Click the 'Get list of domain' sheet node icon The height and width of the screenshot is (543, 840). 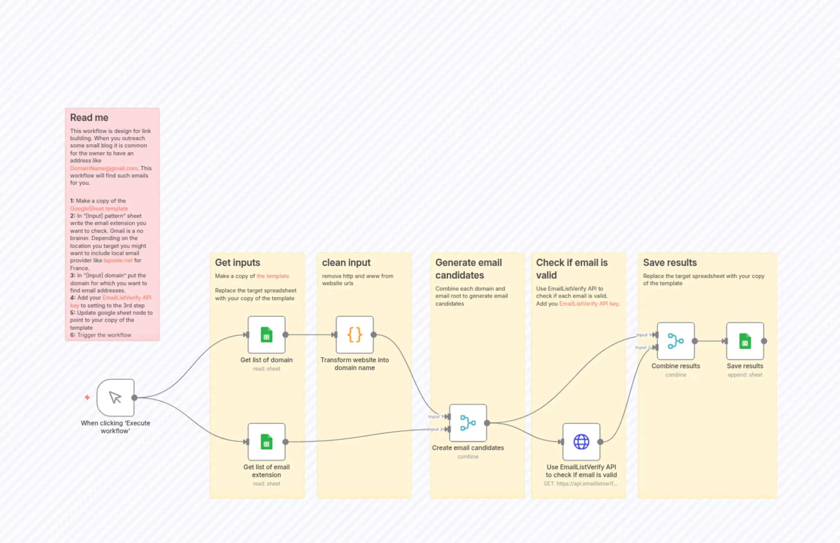[266, 335]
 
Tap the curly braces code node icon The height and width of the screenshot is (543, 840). [354, 335]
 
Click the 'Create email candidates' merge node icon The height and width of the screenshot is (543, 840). [468, 422]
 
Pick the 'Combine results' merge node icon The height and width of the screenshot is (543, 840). [676, 341]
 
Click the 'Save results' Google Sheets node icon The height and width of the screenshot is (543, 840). [745, 341]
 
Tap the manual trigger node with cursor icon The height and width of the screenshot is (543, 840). [115, 397]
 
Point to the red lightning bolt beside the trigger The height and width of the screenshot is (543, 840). [87, 397]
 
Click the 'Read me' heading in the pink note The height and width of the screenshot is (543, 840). [89, 117]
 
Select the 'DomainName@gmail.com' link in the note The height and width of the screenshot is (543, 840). [104, 168]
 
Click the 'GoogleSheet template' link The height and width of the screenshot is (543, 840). [99, 208]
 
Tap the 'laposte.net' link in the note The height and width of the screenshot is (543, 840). [118, 260]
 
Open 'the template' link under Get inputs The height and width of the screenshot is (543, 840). [272, 276]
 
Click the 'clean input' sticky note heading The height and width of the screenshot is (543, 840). [346, 262]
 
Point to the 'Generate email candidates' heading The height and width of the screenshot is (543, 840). [468, 269]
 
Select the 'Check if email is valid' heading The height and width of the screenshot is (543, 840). [572, 269]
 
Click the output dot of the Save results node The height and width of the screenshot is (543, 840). [764, 341]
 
